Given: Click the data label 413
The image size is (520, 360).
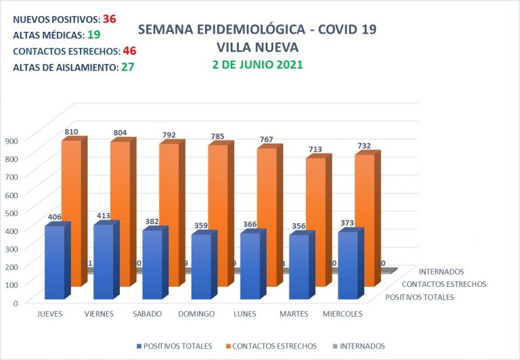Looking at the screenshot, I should [103, 216].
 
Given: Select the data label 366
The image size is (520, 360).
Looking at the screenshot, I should [250, 225].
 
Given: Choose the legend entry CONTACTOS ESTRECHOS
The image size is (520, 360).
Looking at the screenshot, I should [274, 346].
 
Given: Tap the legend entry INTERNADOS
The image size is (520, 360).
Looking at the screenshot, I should [362, 346].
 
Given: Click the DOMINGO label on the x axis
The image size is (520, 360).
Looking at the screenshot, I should [196, 314].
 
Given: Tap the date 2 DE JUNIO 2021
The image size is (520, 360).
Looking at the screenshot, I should [257, 65].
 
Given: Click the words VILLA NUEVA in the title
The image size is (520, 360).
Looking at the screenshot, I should [257, 47].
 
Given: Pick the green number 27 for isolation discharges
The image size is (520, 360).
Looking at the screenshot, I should [127, 67].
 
